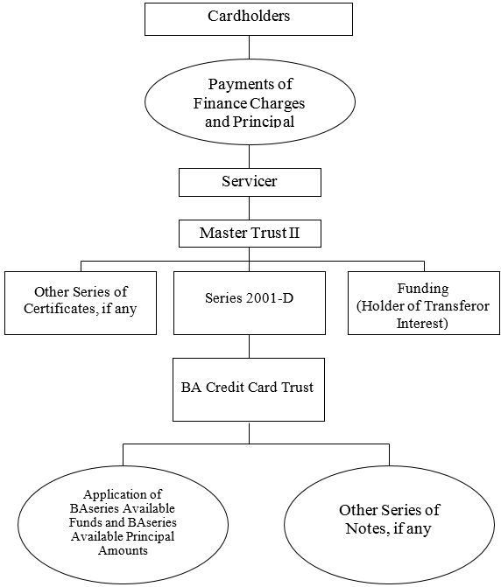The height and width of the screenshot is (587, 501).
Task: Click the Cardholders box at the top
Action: click(x=249, y=19)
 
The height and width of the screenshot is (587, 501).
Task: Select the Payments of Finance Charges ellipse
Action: click(x=250, y=101)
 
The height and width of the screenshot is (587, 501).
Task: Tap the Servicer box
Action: click(x=250, y=182)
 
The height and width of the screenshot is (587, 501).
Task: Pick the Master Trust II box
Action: click(x=250, y=234)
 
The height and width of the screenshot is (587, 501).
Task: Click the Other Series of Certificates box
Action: click(x=81, y=303)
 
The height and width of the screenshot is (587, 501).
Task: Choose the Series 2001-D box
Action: click(x=250, y=303)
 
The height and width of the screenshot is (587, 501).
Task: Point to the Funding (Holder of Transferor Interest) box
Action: click(x=424, y=303)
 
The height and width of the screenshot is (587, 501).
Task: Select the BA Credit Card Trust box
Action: click(x=249, y=389)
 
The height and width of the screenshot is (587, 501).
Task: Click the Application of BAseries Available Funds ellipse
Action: click(x=123, y=524)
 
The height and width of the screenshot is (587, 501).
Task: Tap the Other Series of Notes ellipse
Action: click(x=390, y=524)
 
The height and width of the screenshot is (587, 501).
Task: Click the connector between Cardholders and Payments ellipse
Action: click(x=250, y=47)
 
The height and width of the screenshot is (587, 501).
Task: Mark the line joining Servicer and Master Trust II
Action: click(x=250, y=208)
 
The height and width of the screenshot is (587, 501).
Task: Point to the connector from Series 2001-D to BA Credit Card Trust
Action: click(x=250, y=346)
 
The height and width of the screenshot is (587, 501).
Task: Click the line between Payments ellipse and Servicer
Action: click(x=250, y=157)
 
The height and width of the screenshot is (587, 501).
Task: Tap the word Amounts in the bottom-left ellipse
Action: click(x=123, y=550)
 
